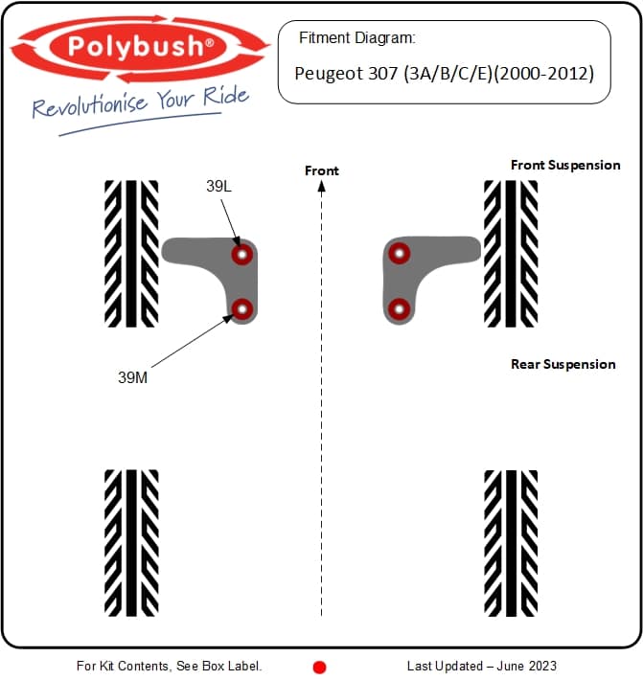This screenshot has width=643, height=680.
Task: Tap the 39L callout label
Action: coord(218,186)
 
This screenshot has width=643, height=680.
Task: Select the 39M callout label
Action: coord(132,377)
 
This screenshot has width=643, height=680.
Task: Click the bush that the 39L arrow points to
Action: coord(242,254)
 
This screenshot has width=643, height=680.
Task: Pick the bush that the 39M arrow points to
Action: coord(242,309)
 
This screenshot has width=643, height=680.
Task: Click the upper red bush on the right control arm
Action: coord(400,253)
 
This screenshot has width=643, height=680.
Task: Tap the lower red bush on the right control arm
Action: coord(400,309)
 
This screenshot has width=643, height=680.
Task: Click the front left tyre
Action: coord(131,254)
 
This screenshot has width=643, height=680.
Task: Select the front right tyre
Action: coord(511,254)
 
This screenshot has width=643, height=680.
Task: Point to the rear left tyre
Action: coord(131,542)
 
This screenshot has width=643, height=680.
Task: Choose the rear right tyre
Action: coord(511,542)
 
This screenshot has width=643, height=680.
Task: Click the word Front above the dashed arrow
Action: coord(322,170)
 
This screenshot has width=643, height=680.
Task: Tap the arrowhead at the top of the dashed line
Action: coord(322,187)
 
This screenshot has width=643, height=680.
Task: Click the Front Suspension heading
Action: coord(565,165)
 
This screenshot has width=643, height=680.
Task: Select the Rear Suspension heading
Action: coord(563,364)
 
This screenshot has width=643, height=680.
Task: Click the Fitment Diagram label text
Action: coord(357,37)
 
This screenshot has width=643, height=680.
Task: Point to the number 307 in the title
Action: coord(382,74)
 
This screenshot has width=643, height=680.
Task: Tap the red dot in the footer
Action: coord(319,667)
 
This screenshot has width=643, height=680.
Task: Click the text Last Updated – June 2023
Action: coord(482,666)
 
